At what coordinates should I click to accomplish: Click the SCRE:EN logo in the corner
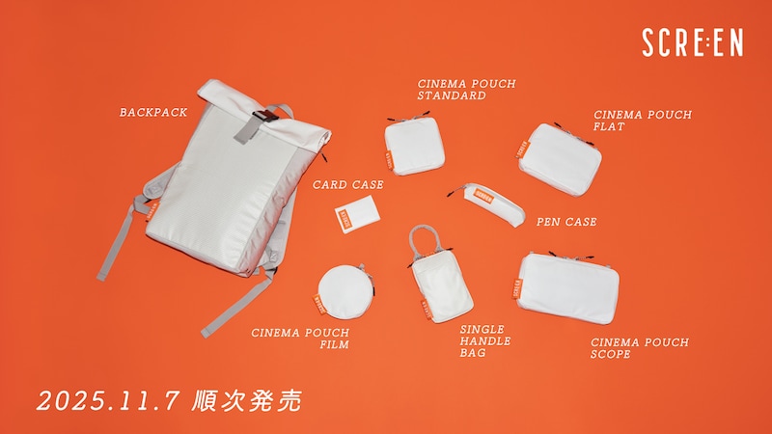point(692,42)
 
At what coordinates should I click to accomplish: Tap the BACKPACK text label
point(153,113)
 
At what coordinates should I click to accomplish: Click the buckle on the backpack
point(263,117)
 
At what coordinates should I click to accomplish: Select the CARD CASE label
point(348,185)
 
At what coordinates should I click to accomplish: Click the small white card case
point(357,213)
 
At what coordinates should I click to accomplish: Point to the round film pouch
point(345,288)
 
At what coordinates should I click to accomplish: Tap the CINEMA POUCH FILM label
point(300,339)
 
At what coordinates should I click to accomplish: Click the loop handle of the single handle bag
point(424,241)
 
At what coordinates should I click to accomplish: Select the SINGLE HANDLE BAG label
point(485,341)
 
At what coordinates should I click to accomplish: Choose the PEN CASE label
point(566,223)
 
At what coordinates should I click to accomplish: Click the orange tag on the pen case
point(483,197)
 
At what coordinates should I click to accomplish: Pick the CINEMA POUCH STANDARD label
point(466,90)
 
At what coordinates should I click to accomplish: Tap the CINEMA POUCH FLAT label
point(643,121)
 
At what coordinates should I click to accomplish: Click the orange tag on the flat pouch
point(522,149)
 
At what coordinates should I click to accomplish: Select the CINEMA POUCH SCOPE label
point(640,348)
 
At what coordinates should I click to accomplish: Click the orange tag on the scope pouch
point(517,288)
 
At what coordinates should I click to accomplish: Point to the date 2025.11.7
point(107,401)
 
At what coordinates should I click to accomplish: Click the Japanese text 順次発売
point(247,400)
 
